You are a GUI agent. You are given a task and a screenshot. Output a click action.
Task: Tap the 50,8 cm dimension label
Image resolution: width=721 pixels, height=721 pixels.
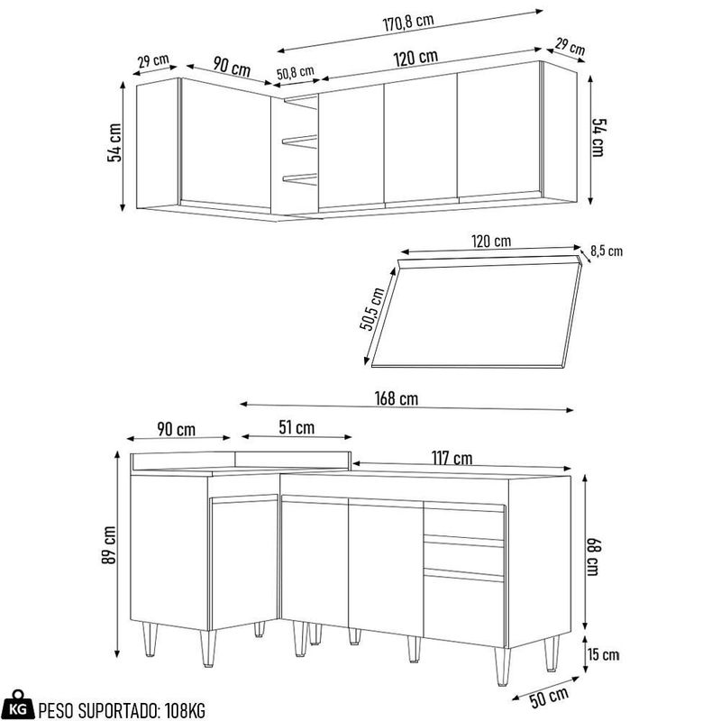(296, 72)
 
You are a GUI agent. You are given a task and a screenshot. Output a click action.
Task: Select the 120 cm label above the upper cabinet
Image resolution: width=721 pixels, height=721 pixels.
(415, 57)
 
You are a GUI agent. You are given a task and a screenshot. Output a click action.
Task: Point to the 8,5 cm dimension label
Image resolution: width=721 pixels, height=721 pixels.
(607, 251)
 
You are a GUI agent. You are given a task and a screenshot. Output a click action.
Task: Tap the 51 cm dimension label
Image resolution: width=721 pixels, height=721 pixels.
(297, 428)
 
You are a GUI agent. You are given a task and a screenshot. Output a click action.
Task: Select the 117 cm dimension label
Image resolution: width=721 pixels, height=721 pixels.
(452, 459)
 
